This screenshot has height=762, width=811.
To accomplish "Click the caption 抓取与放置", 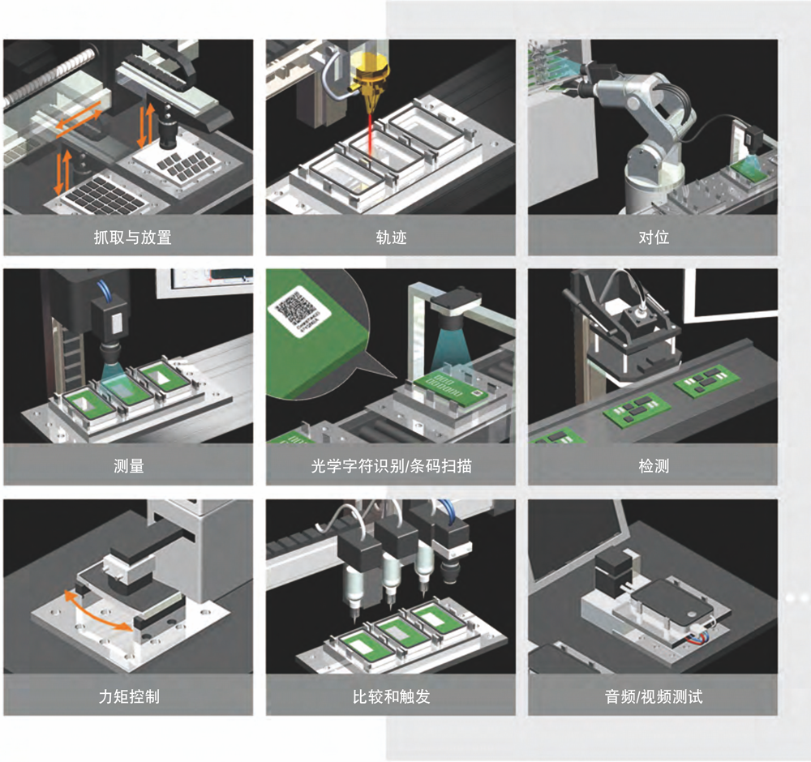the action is click(132, 238).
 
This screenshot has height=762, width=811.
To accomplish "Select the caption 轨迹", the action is click(391, 238).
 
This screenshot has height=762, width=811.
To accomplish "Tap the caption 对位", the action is click(654, 238).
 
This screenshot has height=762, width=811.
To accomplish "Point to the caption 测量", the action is click(129, 466).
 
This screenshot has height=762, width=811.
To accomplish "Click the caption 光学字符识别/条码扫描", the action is click(391, 466).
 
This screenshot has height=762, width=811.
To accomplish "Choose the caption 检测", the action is click(654, 466).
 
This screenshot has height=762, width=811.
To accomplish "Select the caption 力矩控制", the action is click(129, 696).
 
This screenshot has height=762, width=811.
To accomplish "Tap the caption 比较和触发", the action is click(391, 696).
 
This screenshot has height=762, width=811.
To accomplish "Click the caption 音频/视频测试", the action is click(654, 696).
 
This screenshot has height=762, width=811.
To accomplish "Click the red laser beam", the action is click(370, 133).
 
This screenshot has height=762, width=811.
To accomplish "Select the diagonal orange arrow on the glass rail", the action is click(79, 119).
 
